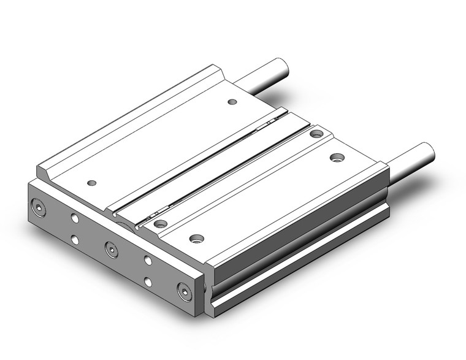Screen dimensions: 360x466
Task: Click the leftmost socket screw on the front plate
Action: click(41, 209)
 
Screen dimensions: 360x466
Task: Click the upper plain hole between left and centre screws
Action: click(74, 218)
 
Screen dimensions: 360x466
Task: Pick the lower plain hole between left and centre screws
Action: click(74, 239)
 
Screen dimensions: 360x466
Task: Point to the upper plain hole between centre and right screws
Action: click(148, 259)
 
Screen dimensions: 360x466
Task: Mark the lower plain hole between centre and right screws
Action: click(148, 281)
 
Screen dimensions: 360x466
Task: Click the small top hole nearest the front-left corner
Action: click(92, 183)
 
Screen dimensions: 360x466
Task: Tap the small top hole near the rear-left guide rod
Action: click(231, 102)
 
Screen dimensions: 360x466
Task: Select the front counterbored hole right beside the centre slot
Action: click(161, 223)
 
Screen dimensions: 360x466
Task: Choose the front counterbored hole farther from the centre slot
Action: click(196, 237)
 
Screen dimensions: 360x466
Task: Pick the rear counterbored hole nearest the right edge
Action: click(337, 158)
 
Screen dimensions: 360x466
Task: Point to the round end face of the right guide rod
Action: click(425, 151)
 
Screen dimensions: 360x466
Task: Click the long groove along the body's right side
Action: click(300, 245)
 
